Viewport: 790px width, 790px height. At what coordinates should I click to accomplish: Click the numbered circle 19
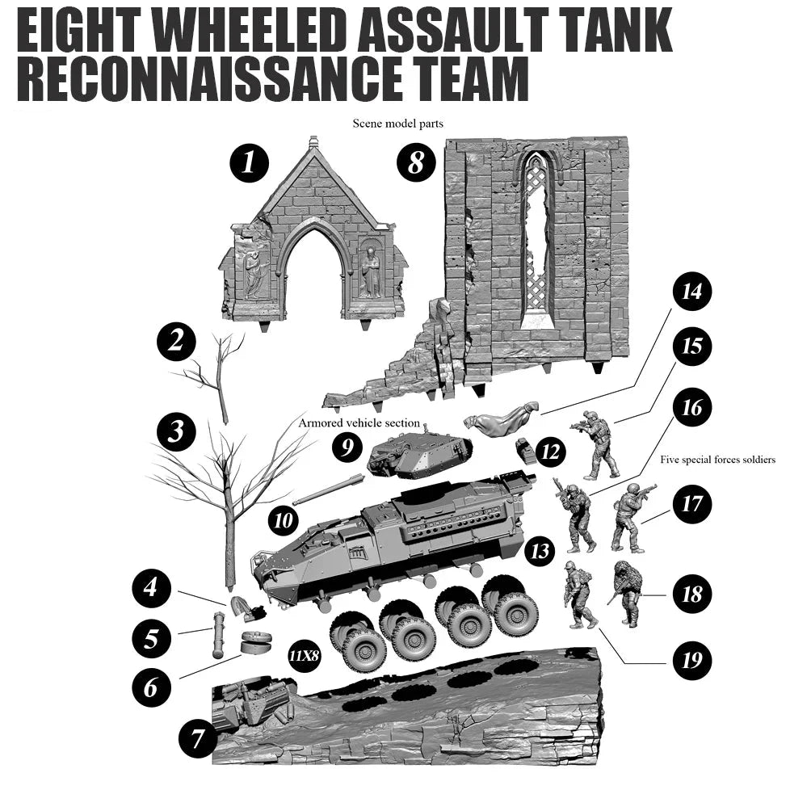coord(691,660)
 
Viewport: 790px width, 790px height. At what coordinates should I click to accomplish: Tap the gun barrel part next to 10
coord(327,491)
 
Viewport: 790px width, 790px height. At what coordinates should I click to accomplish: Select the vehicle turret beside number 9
coord(416,454)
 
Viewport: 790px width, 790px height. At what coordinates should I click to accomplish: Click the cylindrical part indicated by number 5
coord(217,637)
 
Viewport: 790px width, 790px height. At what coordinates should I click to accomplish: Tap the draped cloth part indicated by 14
coord(500,421)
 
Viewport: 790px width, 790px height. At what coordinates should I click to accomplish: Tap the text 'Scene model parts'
coord(397,124)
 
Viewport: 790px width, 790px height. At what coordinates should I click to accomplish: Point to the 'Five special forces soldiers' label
coord(717,460)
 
